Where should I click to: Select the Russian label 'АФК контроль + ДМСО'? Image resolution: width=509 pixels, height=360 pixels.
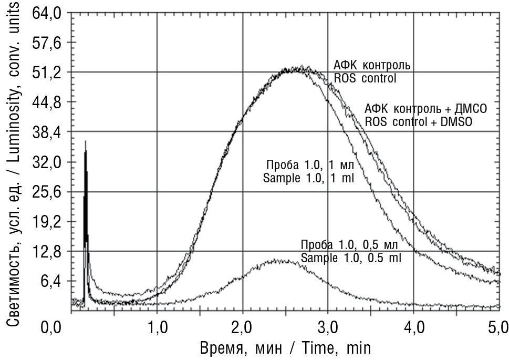pos(426,109)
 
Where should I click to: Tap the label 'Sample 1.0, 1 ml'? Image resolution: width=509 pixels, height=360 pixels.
pos(308,179)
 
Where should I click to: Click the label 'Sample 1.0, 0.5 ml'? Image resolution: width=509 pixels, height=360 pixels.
pos(354,257)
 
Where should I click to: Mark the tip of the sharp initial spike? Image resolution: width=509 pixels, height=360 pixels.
pos(86,141)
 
